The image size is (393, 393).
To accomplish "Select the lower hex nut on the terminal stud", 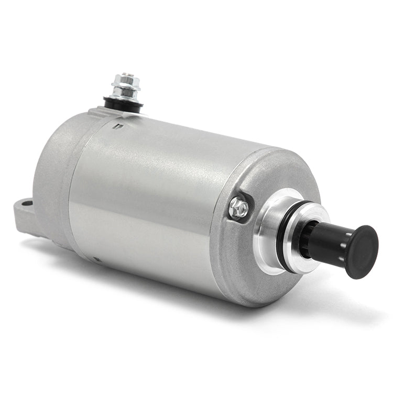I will tap(126, 94).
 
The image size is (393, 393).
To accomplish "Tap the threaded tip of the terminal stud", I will tap(126, 75).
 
